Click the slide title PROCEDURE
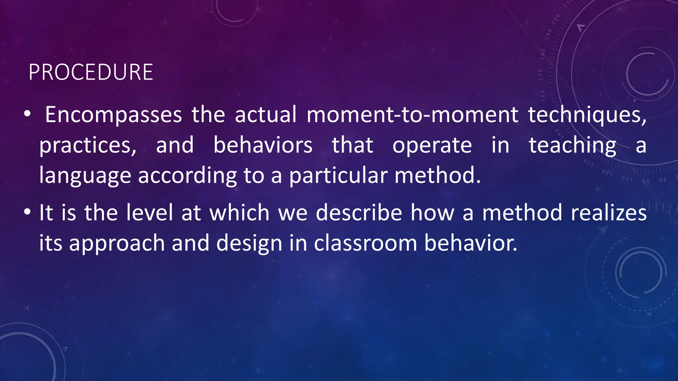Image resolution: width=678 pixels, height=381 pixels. tap(91, 72)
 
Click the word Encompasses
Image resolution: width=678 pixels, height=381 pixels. tap(113, 115)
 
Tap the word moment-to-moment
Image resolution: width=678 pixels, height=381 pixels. tap(412, 115)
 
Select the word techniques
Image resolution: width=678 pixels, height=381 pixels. tap(587, 115)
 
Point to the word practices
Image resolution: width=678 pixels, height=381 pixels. tap(88, 146)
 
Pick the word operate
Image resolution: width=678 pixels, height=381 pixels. tap(432, 146)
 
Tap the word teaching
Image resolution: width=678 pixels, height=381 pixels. tap(572, 146)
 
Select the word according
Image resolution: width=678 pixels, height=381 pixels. tap(187, 176)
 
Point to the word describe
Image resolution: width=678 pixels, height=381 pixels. tap(359, 212)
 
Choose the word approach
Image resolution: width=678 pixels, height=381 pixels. tap(117, 243)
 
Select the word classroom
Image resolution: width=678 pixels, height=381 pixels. tap(365, 243)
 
